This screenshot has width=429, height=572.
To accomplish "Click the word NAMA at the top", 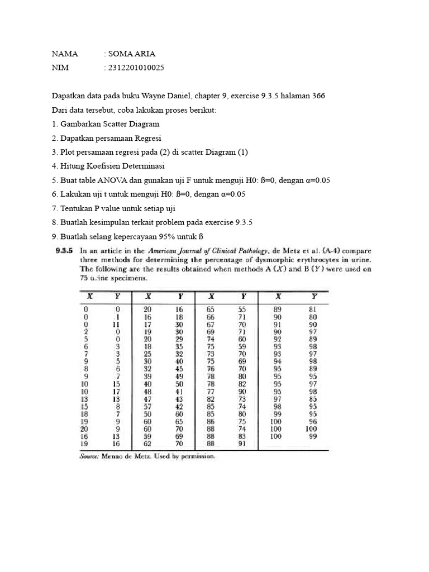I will (65, 54).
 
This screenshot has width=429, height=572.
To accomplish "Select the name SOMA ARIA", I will (131, 54).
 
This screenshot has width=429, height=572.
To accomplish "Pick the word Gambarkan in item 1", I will (84, 124).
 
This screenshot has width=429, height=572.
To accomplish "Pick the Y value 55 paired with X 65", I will (242, 309).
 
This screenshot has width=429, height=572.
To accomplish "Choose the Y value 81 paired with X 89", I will (313, 309).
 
